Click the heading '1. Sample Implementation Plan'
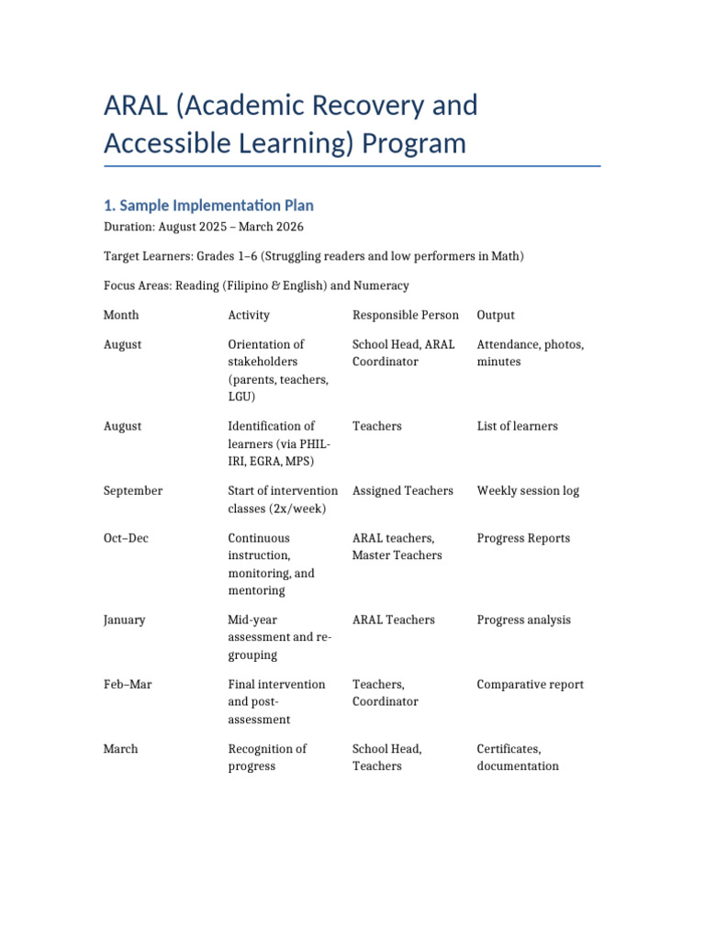(x=208, y=206)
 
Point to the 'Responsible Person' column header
(x=405, y=315)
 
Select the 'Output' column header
(x=496, y=315)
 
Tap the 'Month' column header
(x=121, y=315)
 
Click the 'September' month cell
(x=133, y=491)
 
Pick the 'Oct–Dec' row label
(x=128, y=538)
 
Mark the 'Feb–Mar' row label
(x=129, y=684)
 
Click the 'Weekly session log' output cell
(x=528, y=491)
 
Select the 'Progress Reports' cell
(x=523, y=538)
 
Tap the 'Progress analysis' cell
(x=523, y=620)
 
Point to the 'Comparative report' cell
(x=530, y=684)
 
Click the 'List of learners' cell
(x=517, y=426)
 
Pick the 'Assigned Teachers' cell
(x=403, y=491)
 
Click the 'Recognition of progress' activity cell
(x=267, y=757)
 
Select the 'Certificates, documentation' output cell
(x=518, y=757)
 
